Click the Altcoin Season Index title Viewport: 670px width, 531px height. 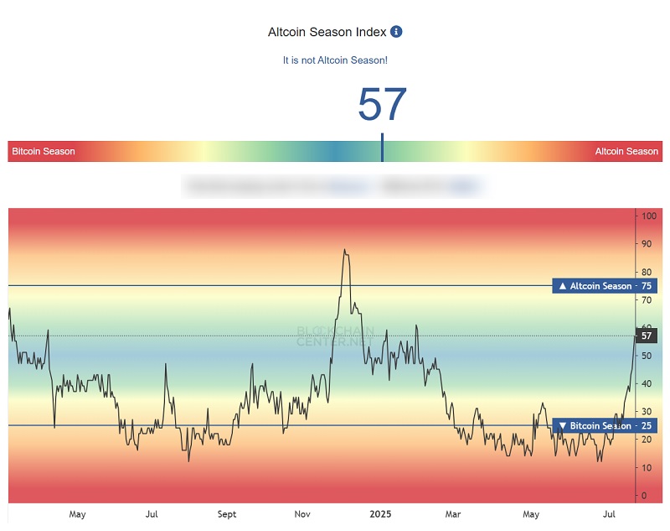(327, 32)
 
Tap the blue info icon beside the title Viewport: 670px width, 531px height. (397, 32)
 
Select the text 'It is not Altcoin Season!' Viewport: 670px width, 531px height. (335, 60)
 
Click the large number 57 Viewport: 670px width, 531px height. (382, 105)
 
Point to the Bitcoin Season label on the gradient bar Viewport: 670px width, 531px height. (44, 152)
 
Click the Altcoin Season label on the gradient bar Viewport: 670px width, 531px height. (626, 152)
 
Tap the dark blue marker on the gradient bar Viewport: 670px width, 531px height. (382, 148)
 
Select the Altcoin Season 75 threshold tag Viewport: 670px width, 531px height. (605, 286)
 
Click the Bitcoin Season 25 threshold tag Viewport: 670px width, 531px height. (605, 426)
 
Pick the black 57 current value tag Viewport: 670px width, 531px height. (646, 336)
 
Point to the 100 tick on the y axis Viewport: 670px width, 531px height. (647, 216)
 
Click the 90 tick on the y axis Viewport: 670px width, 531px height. (646, 244)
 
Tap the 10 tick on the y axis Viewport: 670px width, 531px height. (646, 468)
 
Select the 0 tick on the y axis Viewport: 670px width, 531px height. (643, 496)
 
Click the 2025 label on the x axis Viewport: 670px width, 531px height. (379, 514)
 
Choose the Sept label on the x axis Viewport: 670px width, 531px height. (226, 514)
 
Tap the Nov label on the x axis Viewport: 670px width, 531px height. (302, 514)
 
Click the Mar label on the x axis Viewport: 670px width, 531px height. (453, 514)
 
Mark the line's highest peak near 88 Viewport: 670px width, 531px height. (343, 250)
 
